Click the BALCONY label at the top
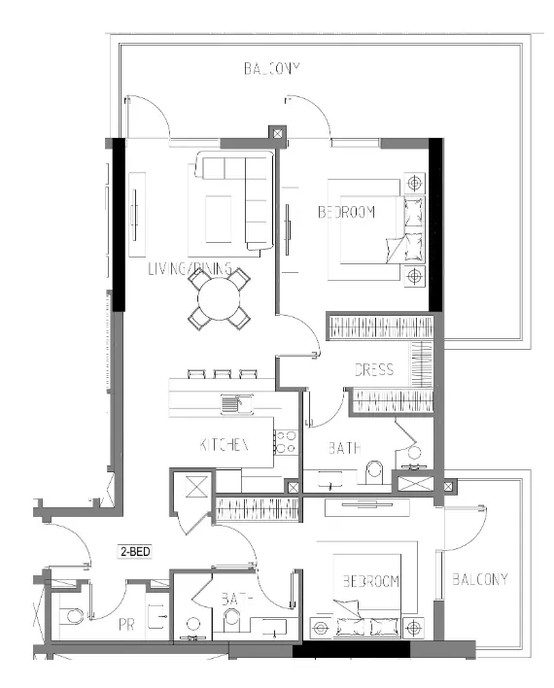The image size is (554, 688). tap(273, 69)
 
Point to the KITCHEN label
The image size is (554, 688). tap(225, 444)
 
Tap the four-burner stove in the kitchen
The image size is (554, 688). tap(286, 441)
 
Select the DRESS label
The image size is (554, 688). tap(373, 369)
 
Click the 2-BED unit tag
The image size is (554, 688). tap(132, 551)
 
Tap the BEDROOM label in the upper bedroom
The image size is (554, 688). tap(346, 212)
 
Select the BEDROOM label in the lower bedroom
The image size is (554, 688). tap(370, 581)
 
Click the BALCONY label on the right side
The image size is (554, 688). tap(480, 579)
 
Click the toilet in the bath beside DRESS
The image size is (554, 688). tap(372, 472)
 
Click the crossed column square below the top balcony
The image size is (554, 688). tap(277, 134)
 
